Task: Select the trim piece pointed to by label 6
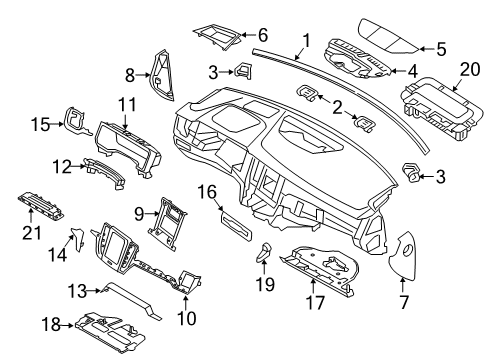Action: [x=211, y=37]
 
